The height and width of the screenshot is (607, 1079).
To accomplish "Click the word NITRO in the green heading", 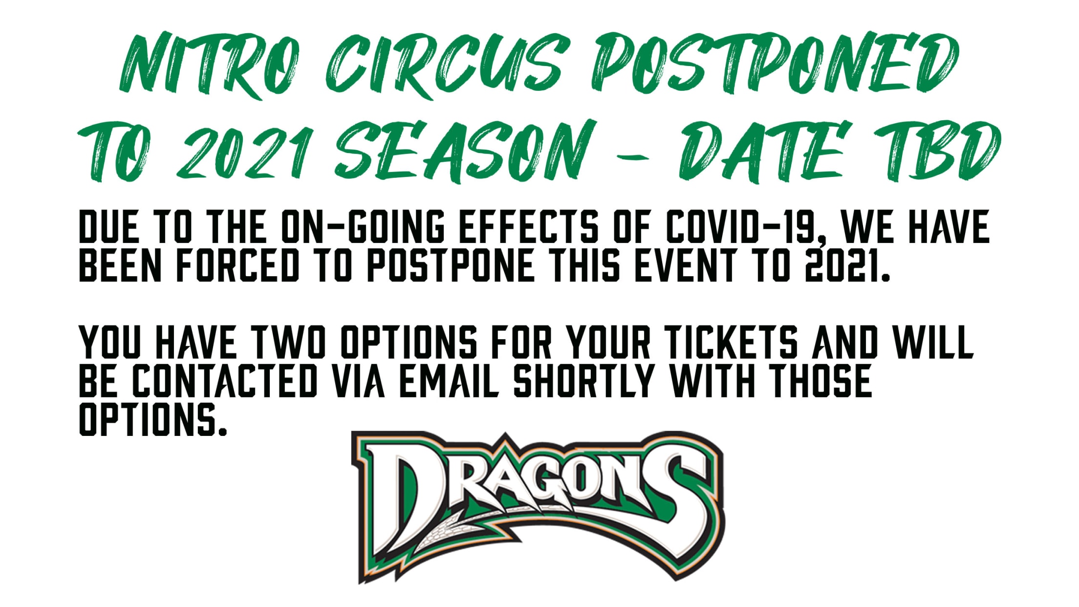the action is [208, 66].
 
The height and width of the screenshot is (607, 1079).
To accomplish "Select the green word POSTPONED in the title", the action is [775, 64].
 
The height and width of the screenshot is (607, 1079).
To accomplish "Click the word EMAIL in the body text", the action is [449, 381].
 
